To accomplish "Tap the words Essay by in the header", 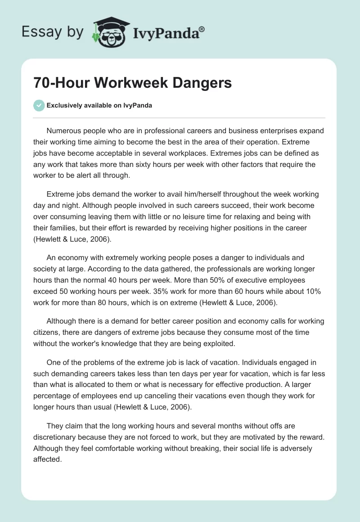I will [52, 32].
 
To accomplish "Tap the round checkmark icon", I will [39, 105].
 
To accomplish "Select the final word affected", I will [47, 459].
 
